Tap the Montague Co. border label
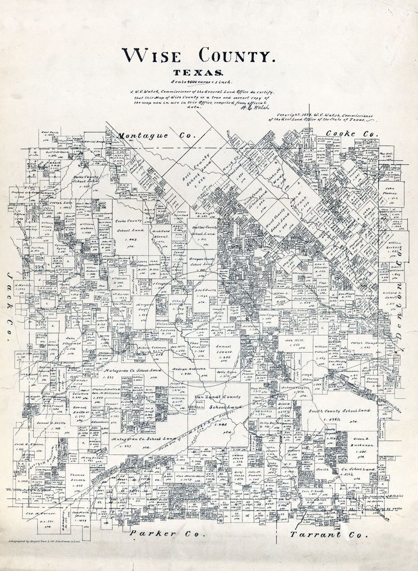pyautogui.click(x=150, y=136)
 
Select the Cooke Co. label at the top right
pyautogui.click(x=352, y=134)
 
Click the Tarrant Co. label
pyautogui.click(x=329, y=534)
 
